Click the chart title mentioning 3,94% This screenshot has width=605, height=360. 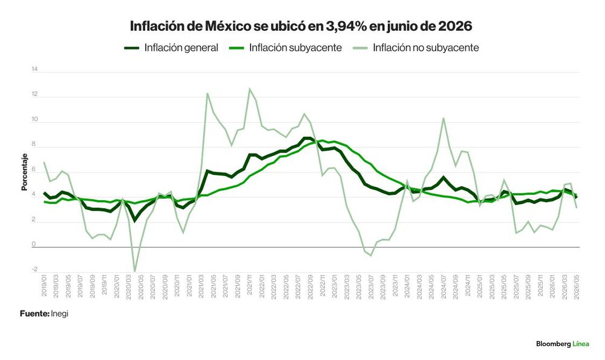pos(301,26)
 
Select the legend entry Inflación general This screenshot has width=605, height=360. pos(171,48)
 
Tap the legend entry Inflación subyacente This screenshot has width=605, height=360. pos(285,48)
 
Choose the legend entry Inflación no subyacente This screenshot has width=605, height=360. pos(416,48)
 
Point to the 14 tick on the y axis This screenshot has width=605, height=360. pos(34,70)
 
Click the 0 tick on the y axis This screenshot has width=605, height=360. pos(34,244)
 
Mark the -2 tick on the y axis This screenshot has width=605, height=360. pos(34,269)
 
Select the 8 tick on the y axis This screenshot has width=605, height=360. pos(34,145)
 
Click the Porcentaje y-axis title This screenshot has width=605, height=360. pos(24,172)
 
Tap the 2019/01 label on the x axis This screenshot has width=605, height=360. pos(44,286)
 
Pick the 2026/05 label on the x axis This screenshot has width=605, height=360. pos(577,286)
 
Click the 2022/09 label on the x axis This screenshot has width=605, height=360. pos(310,286)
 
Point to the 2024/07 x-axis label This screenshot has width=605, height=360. pos(443,286)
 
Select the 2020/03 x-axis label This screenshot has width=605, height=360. pos(128,286)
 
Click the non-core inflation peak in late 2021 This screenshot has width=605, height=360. pos(250,89)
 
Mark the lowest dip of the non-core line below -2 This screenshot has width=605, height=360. pos(135,271)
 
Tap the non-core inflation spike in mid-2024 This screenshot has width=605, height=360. pos(443,118)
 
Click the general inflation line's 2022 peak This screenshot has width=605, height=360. pos(307,138)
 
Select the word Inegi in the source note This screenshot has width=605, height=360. pos(59,313)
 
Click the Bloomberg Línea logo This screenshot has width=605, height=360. pos(563,344)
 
